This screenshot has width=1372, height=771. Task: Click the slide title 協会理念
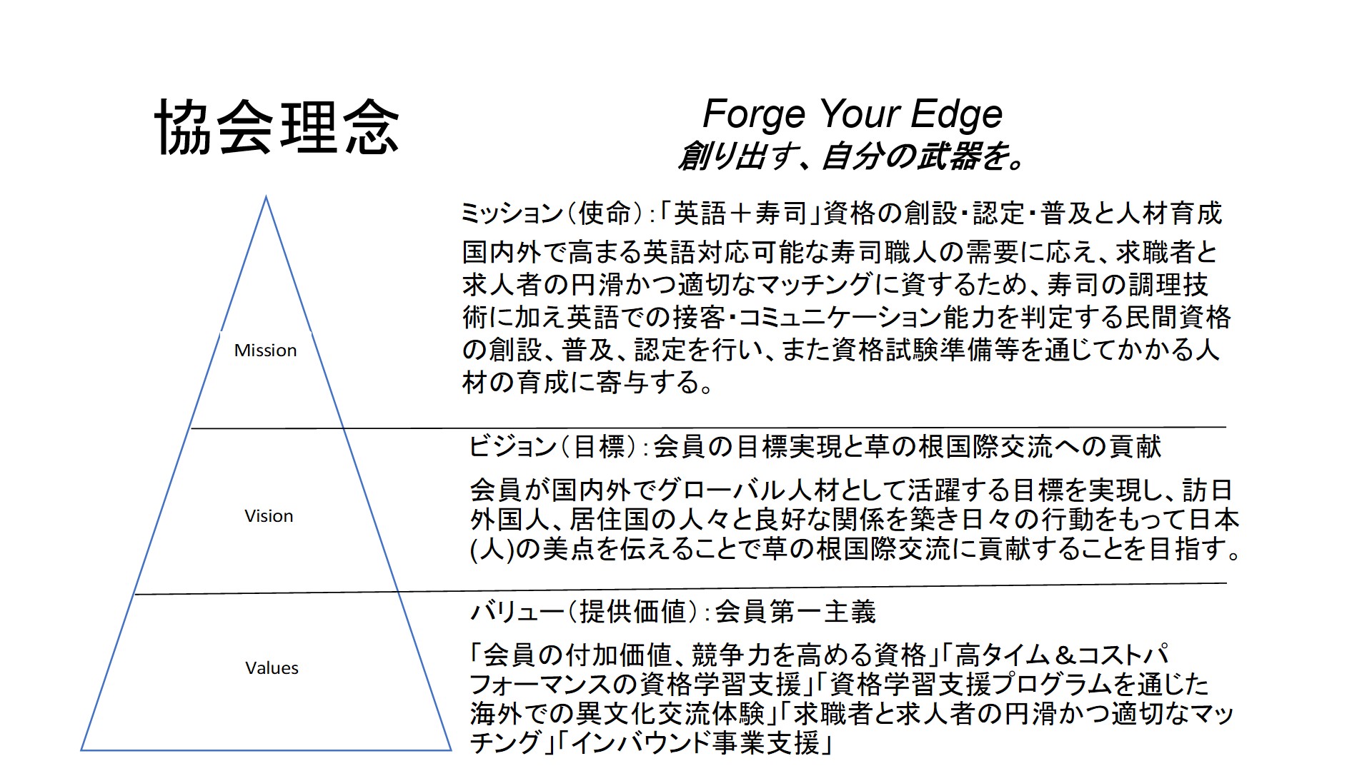coord(277,128)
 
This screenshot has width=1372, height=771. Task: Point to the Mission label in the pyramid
coord(265,351)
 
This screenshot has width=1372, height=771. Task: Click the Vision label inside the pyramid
coord(269,516)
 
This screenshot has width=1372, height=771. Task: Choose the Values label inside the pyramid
coord(272,668)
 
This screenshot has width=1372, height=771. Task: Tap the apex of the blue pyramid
coord(267,197)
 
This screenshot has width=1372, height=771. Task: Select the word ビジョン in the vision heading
coord(512,447)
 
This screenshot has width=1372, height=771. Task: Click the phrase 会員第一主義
coord(795,612)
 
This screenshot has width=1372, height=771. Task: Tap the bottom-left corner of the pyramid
coord(81,750)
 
